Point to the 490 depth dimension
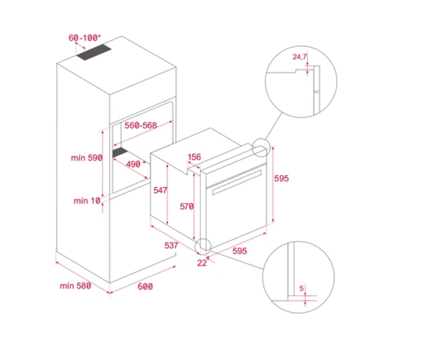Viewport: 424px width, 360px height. [x=134, y=164]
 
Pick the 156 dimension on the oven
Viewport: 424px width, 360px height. [x=194, y=157]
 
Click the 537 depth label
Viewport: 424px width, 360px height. [x=170, y=246]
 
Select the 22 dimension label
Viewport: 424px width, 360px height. [x=202, y=263]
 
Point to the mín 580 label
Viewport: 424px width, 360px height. [x=76, y=285]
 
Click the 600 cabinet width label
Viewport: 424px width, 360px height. [x=145, y=286]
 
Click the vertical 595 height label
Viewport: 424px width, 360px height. [x=282, y=179]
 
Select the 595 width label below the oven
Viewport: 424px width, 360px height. [x=240, y=251]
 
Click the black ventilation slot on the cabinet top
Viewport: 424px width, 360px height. [x=94, y=53]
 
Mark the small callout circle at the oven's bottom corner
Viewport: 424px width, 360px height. [x=204, y=246]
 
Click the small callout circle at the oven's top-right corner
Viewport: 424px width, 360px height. [x=261, y=146]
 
